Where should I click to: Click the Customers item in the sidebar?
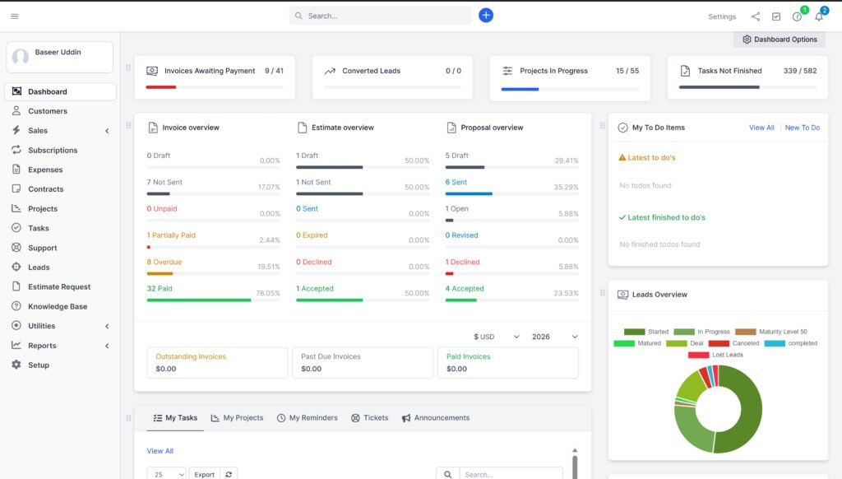click(x=48, y=111)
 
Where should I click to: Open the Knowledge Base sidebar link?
click(x=57, y=306)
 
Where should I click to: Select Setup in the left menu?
click(x=39, y=365)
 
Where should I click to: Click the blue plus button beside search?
click(x=486, y=15)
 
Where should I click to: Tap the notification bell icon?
click(x=819, y=16)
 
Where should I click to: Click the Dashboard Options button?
click(x=780, y=40)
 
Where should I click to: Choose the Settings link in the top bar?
click(x=722, y=16)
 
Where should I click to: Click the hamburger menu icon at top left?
click(x=15, y=16)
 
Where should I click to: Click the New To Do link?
click(x=802, y=128)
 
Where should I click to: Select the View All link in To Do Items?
click(x=761, y=128)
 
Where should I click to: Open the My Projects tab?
click(x=237, y=418)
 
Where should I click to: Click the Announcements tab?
click(x=435, y=418)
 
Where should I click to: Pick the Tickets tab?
click(x=369, y=418)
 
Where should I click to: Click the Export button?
click(x=204, y=474)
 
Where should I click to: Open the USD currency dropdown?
click(x=497, y=337)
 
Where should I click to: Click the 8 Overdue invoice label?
click(x=164, y=262)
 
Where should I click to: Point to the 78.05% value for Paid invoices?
click(x=268, y=293)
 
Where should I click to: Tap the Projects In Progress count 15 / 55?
click(x=627, y=71)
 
